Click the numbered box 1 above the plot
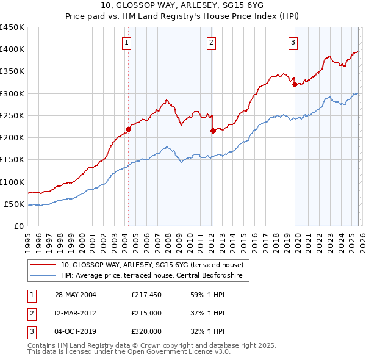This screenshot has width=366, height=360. [x=126, y=42]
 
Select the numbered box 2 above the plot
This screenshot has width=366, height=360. [x=210, y=42]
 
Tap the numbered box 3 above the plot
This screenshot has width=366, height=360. [x=293, y=42]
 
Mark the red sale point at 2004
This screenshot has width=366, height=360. [x=129, y=129]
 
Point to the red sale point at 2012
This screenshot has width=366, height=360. [x=213, y=131]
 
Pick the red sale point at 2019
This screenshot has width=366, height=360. [x=295, y=85]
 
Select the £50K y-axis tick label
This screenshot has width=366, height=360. [x=15, y=204]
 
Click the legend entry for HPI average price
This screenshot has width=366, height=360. [x=151, y=276]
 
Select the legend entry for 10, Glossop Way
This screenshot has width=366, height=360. [x=151, y=265]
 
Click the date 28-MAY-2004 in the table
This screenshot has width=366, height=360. [x=76, y=295]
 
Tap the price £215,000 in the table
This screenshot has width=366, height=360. [x=146, y=313]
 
